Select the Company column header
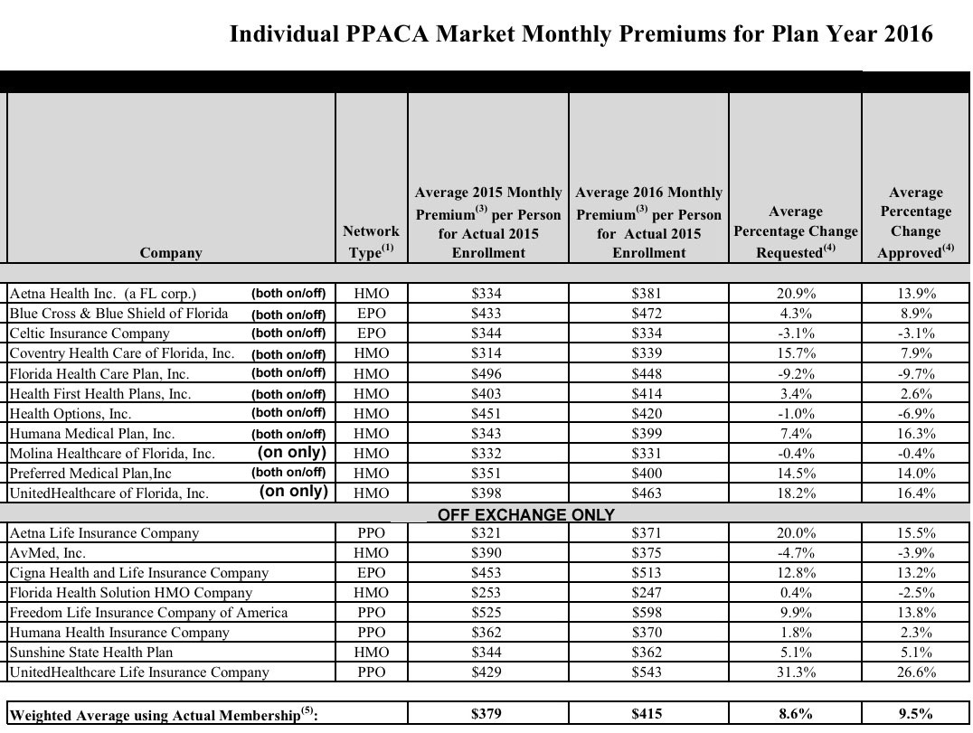(x=171, y=252)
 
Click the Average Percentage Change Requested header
(x=795, y=232)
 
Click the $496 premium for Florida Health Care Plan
(x=486, y=373)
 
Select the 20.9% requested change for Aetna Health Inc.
(x=796, y=294)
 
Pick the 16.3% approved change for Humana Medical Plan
(x=915, y=433)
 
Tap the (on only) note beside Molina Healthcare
(x=292, y=453)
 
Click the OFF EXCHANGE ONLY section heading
(x=526, y=514)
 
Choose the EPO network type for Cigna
(x=372, y=572)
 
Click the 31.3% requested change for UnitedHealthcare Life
(x=796, y=672)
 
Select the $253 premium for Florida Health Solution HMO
(x=486, y=592)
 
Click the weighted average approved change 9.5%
(x=915, y=714)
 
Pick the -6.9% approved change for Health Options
(x=915, y=413)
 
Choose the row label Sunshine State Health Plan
(x=91, y=652)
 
